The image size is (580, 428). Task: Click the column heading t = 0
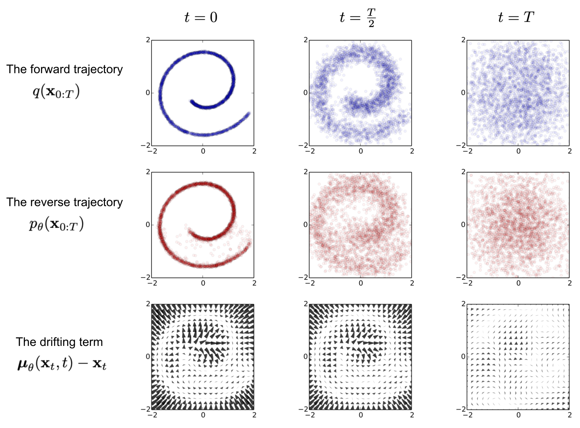coord(201,17)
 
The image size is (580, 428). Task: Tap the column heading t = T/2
coord(358,18)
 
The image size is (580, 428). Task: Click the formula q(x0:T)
coord(56,92)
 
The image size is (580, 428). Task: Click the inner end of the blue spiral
coord(192,101)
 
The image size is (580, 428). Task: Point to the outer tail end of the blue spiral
coord(249,113)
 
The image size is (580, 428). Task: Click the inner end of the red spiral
coord(190,233)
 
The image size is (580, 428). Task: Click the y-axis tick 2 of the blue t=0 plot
coord(148,40)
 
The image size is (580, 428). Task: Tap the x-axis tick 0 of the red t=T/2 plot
coord(361,283)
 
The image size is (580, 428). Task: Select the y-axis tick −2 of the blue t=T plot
coord(460,145)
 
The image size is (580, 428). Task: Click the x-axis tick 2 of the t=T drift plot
coord(569,415)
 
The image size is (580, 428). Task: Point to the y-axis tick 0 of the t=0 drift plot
coord(148,357)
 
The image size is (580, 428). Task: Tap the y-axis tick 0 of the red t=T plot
coord(463,225)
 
